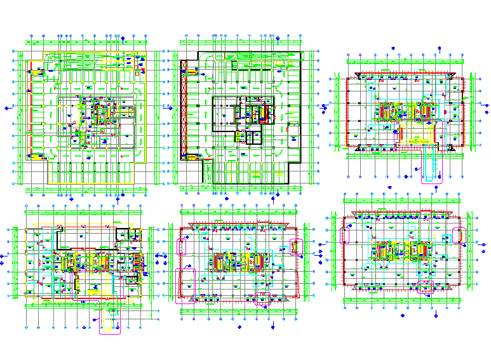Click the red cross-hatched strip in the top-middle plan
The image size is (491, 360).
point(184,109)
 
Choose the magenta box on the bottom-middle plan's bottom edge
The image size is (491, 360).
point(262,299)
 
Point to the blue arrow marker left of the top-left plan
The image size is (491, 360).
point(8,109)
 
